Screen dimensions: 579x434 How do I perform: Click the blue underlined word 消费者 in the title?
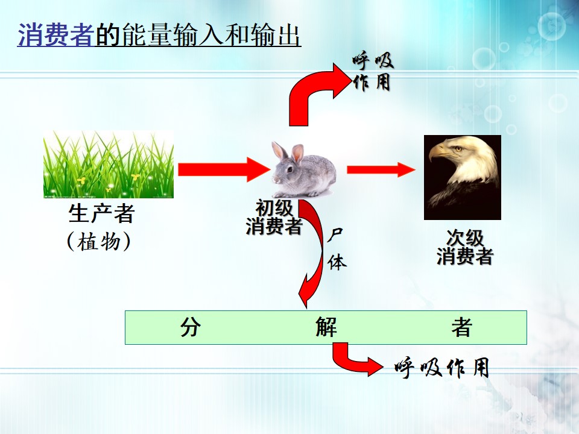tap(56, 35)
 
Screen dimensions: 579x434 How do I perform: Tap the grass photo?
tap(109, 164)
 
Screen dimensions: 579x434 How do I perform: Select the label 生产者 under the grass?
tap(101, 213)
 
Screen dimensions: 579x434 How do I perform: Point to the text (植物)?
tap(99, 242)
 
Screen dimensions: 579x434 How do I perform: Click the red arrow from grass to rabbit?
tap(224, 169)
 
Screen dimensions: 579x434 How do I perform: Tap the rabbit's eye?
tap(290, 169)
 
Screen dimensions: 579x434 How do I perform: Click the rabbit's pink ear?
tap(297, 154)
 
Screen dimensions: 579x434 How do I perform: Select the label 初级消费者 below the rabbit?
tap(274, 218)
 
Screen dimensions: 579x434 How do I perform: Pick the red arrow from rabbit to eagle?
tap(381, 169)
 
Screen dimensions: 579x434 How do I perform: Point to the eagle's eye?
tap(458, 149)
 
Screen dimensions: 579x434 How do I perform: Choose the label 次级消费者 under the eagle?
tap(465, 247)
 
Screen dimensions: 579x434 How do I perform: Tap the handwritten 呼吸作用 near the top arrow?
tap(372, 72)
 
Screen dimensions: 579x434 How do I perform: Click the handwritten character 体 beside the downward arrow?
tap(337, 262)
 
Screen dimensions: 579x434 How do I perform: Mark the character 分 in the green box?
tap(191, 327)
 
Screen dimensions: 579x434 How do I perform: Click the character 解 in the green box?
tap(326, 327)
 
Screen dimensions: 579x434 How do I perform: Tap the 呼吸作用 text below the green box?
tap(442, 367)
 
